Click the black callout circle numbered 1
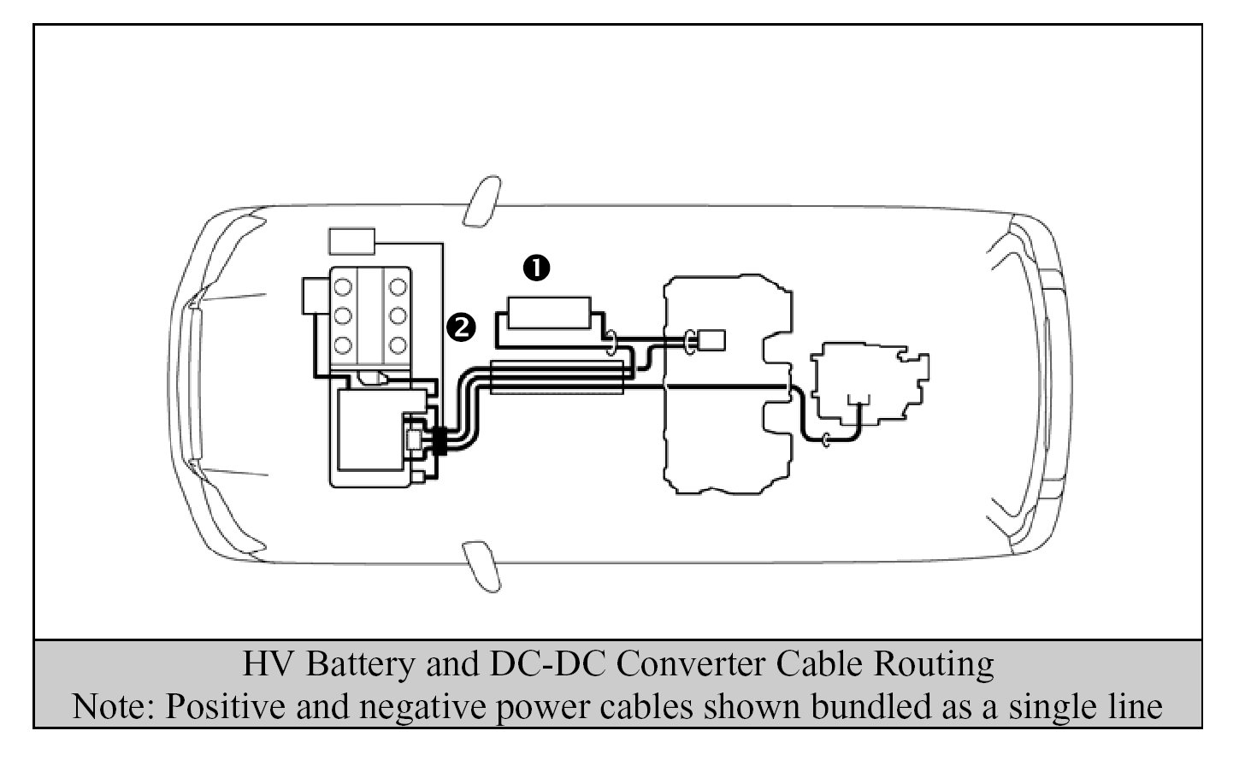[x=537, y=268]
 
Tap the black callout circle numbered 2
[x=461, y=327]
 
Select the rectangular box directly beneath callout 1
[x=549, y=313]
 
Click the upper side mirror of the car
[x=482, y=202]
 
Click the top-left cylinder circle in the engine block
[x=343, y=287]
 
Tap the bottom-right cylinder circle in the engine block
[x=398, y=345]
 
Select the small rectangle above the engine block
[x=351, y=241]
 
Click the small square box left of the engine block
[x=316, y=295]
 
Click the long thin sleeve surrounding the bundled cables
[x=557, y=377]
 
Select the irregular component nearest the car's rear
[x=870, y=384]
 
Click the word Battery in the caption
[x=360, y=664]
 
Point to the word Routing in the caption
[x=934, y=664]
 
